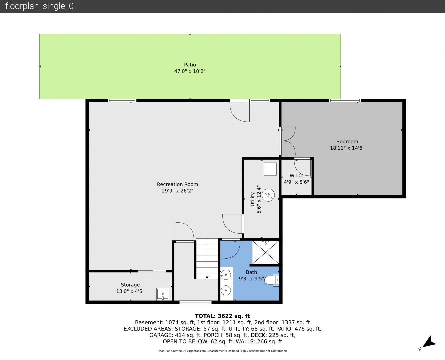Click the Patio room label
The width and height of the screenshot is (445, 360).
click(x=190, y=65)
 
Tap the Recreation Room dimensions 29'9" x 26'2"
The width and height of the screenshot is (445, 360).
click(x=177, y=191)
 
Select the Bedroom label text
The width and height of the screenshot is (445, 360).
click(x=347, y=141)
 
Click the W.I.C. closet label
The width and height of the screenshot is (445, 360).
click(x=296, y=176)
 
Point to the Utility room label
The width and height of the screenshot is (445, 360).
click(x=252, y=199)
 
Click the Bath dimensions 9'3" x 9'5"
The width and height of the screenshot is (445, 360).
click(x=251, y=279)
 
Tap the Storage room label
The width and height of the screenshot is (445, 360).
click(x=130, y=285)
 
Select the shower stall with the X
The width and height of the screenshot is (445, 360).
click(x=266, y=252)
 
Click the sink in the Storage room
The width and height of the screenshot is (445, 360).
click(x=163, y=294)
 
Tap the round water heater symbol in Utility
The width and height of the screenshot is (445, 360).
click(x=268, y=195)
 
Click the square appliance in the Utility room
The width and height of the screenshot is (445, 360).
click(x=270, y=169)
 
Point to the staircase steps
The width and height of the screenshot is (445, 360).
click(x=207, y=259)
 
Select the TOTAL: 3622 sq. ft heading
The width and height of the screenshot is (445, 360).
click(x=222, y=316)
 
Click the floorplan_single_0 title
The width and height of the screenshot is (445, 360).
click(x=39, y=6)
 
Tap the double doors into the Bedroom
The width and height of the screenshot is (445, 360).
click(x=288, y=141)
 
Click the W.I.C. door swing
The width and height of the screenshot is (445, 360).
click(x=303, y=167)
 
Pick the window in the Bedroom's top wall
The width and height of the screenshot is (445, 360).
click(x=345, y=100)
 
